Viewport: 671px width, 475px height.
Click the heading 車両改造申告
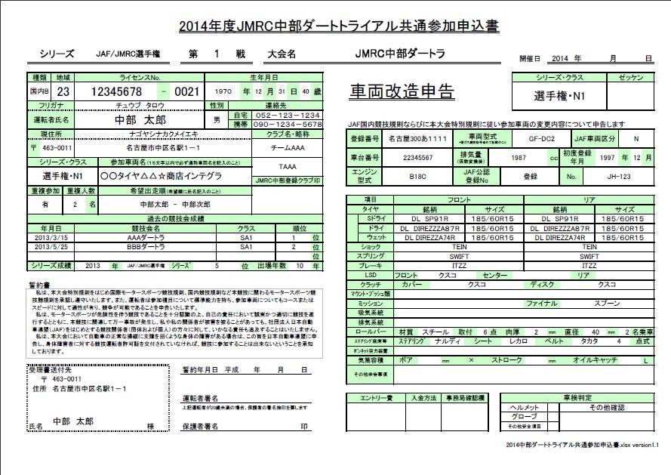click(402, 91)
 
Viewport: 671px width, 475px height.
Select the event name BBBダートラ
click(143, 246)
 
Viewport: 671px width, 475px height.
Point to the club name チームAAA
click(287, 147)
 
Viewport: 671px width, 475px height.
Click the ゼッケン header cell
click(630, 78)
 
